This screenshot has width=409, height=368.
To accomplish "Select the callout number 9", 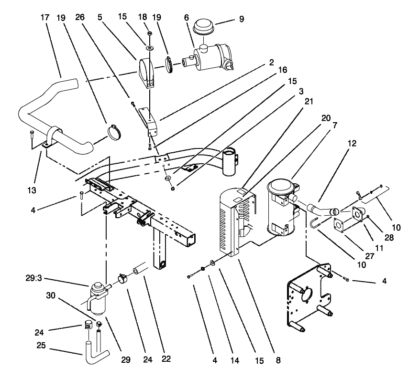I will point(242,20).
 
